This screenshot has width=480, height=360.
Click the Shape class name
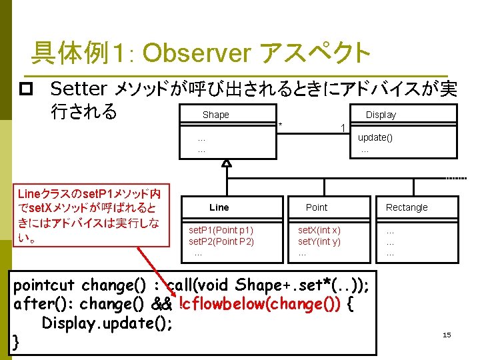tap(215, 115)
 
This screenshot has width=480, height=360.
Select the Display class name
tap(381, 115)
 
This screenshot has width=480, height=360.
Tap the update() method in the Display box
tap(375, 137)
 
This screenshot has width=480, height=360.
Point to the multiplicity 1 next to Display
tap(343, 127)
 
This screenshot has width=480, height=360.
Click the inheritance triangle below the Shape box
tap(227, 163)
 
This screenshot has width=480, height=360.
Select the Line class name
tap(219, 207)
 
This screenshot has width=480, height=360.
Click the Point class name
tap(317, 207)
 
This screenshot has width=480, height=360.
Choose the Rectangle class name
tap(407, 207)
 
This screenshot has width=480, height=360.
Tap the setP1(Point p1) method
tap(221, 229)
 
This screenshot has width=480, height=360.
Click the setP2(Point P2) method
tap(221, 241)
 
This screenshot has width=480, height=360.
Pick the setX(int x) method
tap(319, 229)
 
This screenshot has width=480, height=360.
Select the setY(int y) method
tap(319, 241)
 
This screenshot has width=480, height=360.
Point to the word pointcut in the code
tap(44, 285)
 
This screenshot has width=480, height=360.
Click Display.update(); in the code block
tap(107, 323)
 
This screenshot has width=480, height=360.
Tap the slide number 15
tap(447, 335)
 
